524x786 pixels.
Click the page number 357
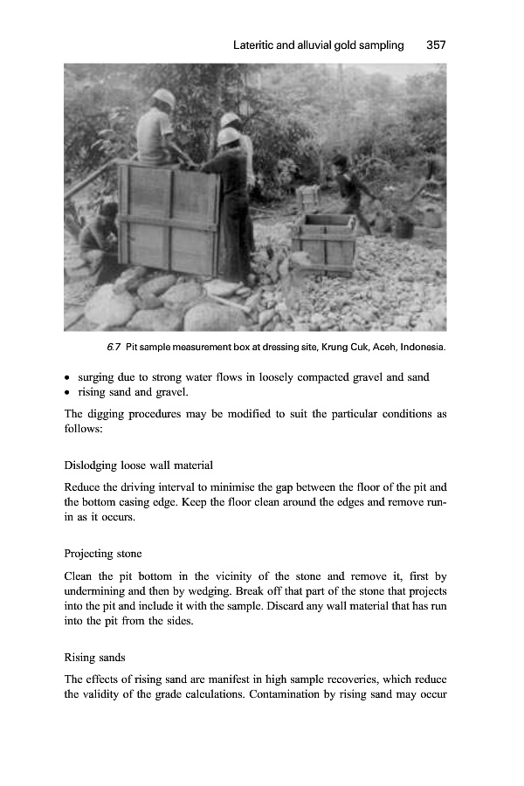436,45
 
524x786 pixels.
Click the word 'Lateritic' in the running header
256,45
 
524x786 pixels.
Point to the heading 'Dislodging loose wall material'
139,465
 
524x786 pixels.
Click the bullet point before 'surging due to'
68,377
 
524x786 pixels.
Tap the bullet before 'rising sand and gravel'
68,392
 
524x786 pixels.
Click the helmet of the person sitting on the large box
163,98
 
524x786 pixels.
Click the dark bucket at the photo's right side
403,225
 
